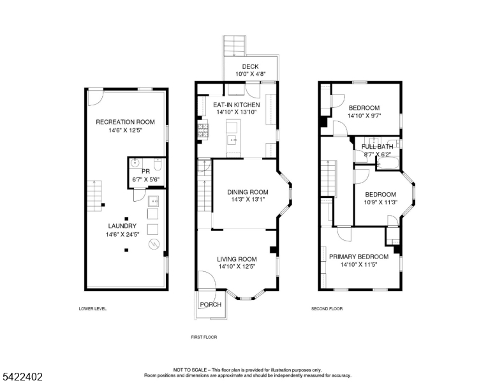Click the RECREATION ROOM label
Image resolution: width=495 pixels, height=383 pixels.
point(126,122)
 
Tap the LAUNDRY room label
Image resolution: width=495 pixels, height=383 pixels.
point(122,226)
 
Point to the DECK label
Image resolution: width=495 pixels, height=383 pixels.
point(249,66)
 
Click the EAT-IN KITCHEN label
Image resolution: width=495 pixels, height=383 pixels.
point(237,105)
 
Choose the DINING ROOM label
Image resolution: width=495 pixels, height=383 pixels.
point(248,191)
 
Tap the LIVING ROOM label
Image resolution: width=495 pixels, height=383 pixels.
point(237,259)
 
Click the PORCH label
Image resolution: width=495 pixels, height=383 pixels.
point(211,304)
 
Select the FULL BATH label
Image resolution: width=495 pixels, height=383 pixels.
point(377,147)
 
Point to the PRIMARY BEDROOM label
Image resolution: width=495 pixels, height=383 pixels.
point(358,257)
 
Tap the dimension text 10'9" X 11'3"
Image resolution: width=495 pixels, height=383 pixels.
point(380,202)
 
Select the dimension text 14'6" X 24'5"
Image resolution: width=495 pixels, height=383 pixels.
point(122,234)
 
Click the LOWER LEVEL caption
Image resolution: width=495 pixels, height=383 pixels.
point(92,309)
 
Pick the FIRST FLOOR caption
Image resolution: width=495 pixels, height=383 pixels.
point(205,336)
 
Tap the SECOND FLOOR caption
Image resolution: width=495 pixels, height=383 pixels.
point(327,309)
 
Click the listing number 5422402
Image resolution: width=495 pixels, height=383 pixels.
point(22,377)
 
